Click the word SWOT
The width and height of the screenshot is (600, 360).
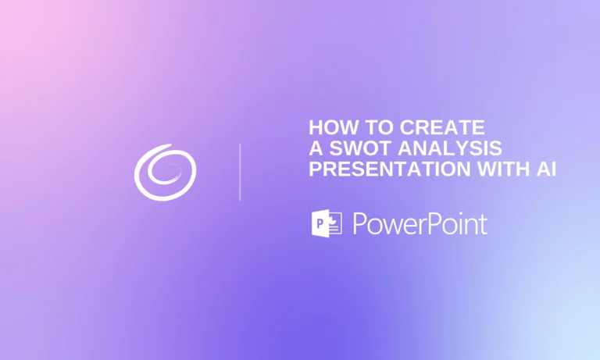coord(355,148)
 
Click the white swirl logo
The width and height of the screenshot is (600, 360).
coord(165,171)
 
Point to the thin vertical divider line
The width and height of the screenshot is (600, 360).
coord(240,172)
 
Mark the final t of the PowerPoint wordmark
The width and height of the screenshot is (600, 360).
coord(483,225)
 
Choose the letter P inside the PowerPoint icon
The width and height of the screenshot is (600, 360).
coord(319,225)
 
